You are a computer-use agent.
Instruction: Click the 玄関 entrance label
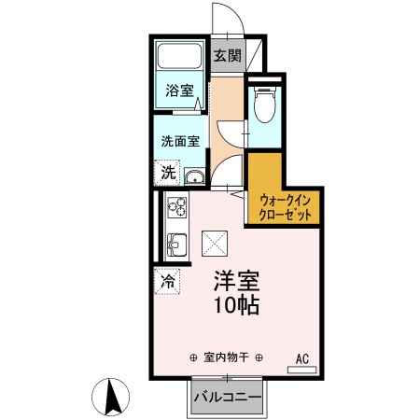227,56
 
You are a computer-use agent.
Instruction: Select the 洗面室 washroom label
180,142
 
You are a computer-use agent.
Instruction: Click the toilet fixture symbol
264,103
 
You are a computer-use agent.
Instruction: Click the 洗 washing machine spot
167,172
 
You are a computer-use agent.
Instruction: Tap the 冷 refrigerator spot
168,280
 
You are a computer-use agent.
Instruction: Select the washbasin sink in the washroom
194,177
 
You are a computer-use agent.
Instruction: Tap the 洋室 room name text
235,280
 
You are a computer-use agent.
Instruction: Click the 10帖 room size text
235,305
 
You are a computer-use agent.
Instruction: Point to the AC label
301,357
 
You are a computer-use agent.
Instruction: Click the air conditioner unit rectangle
301,370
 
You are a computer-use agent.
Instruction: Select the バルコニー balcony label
227,398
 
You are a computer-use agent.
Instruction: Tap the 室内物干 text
227,357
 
